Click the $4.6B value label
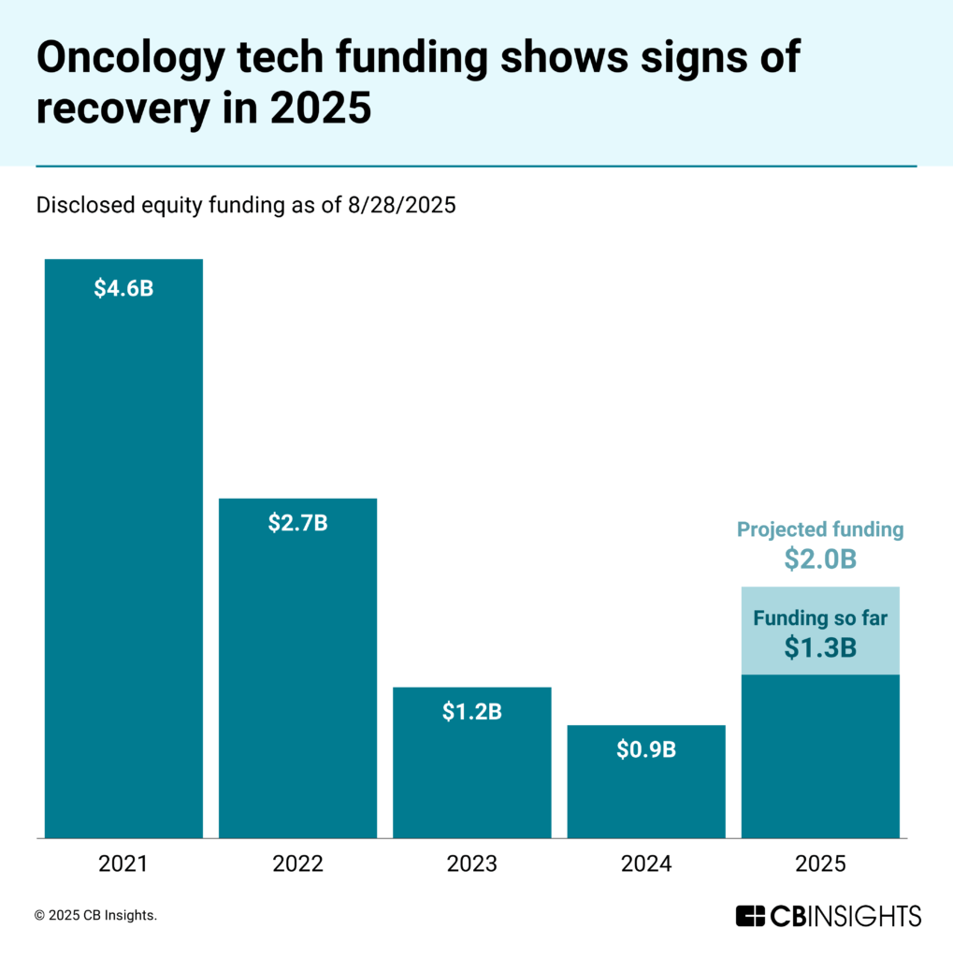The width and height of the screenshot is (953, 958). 123,288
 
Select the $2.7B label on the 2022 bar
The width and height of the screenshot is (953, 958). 297,523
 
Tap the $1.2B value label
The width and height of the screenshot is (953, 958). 471,712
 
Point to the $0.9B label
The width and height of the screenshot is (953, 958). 646,749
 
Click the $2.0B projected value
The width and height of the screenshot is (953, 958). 820,559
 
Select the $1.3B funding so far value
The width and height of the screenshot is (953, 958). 820,646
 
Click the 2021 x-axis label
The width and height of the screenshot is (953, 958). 123,864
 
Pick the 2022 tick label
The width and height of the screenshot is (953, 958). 297,864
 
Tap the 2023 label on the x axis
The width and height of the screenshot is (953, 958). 471,864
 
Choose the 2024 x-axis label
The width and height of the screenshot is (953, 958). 646,864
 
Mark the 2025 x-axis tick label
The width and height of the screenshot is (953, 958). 820,864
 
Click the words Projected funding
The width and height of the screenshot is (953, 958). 820,530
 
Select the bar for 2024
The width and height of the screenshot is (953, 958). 646,795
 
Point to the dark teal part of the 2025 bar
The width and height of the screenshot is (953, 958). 820,758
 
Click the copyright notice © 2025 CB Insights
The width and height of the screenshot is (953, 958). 95,916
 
